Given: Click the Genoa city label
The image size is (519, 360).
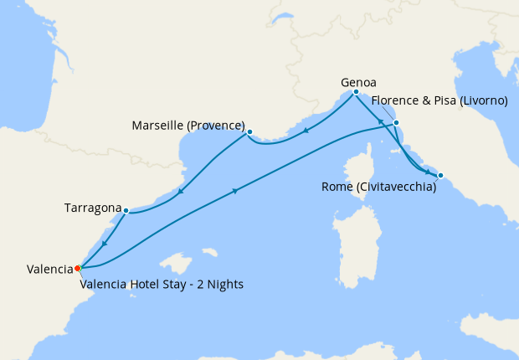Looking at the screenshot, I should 358,83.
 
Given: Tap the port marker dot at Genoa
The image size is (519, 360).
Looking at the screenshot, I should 356,92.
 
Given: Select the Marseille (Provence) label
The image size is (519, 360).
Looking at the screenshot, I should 188,126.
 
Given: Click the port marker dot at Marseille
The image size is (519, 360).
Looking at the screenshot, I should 249,131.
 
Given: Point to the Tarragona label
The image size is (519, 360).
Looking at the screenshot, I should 92,207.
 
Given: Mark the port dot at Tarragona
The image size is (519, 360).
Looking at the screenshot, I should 125,210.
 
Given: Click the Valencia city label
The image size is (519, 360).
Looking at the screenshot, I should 49,269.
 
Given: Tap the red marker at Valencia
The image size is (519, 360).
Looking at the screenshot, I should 77,268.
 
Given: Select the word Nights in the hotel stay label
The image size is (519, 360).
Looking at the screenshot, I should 224,284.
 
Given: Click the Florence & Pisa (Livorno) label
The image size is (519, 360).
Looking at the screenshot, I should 440,100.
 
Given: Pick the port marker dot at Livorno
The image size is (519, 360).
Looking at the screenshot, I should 397,123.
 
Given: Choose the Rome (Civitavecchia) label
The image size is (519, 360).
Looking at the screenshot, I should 378,188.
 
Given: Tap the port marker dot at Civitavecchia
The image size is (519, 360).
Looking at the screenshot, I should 441,176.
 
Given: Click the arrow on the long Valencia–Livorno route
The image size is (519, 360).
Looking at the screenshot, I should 234,192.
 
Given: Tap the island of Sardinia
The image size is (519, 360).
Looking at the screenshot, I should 350,226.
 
